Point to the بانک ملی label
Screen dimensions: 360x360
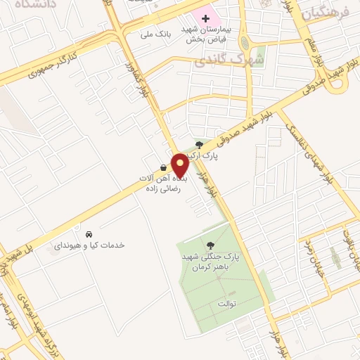pyautogui.click(x=156, y=33)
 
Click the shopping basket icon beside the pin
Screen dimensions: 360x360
pyautogui.click(x=164, y=168)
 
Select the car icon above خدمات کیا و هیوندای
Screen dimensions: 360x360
pyautogui.click(x=89, y=233)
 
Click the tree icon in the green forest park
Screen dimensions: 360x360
pyautogui.click(x=211, y=245)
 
